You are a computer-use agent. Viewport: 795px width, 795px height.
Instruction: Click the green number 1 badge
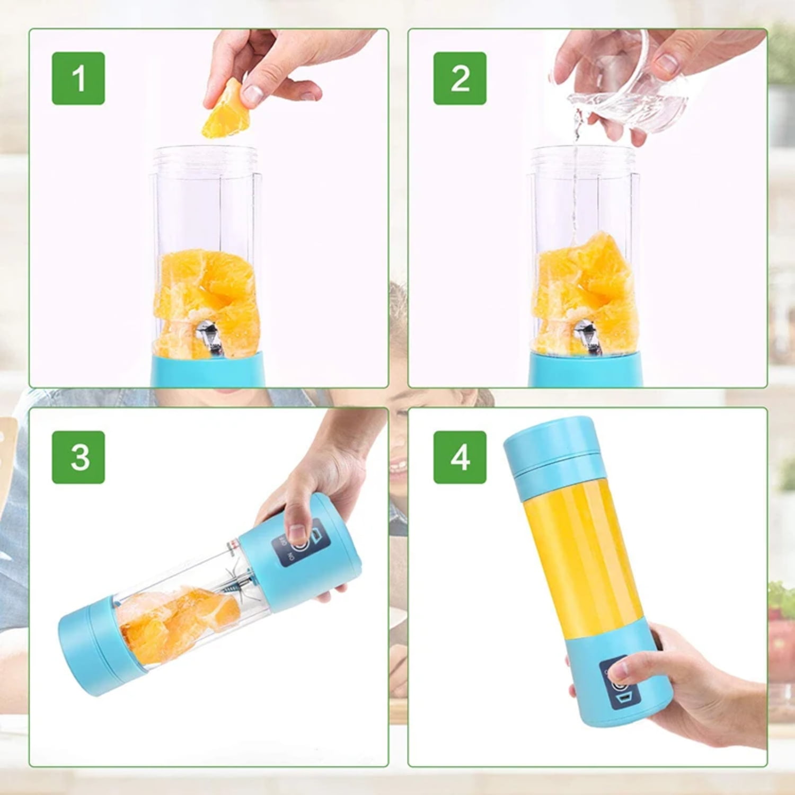coord(78,78)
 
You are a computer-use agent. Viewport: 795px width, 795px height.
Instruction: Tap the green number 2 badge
coord(460,78)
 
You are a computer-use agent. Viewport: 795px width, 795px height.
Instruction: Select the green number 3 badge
coord(78,457)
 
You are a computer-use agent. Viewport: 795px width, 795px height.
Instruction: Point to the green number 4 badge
coord(460,457)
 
